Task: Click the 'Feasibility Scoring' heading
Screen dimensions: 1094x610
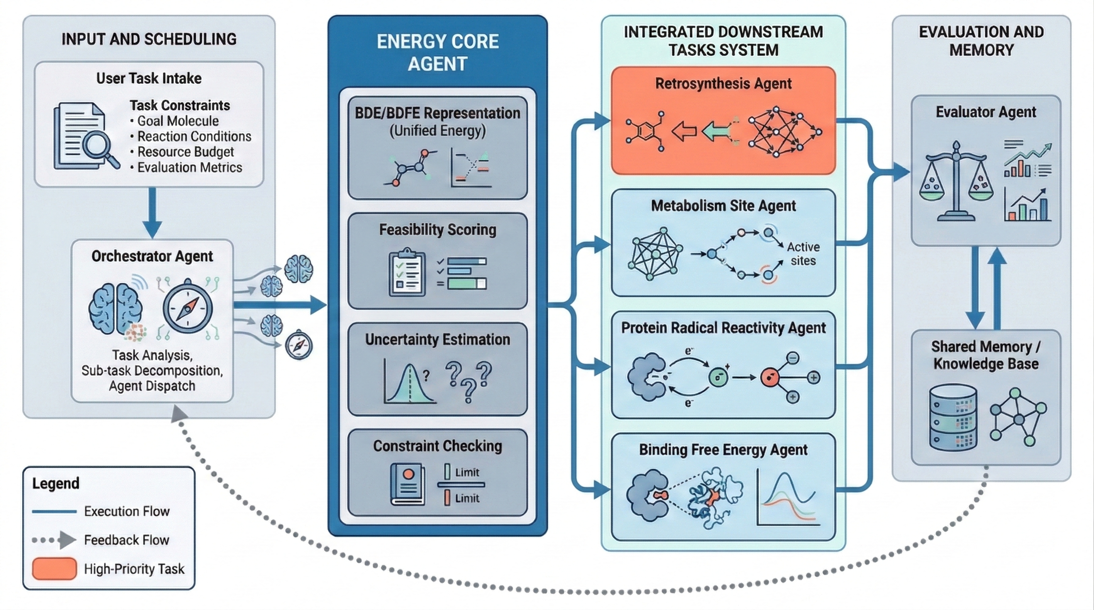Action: [437, 230]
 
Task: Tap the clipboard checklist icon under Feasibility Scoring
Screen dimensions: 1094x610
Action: [407, 272]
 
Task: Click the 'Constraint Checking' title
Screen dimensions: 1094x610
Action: [437, 446]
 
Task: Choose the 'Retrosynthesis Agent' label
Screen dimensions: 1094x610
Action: [723, 83]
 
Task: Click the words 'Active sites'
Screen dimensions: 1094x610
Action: [803, 253]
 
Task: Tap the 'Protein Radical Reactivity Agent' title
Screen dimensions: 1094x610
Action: [723, 327]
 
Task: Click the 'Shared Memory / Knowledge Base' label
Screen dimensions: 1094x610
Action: [986, 355]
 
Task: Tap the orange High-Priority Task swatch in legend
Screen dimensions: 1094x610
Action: [54, 568]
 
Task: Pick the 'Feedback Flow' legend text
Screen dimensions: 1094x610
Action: [127, 540]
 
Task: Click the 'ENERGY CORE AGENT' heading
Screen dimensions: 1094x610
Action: [437, 52]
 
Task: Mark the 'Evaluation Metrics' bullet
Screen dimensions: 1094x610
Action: [189, 167]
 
